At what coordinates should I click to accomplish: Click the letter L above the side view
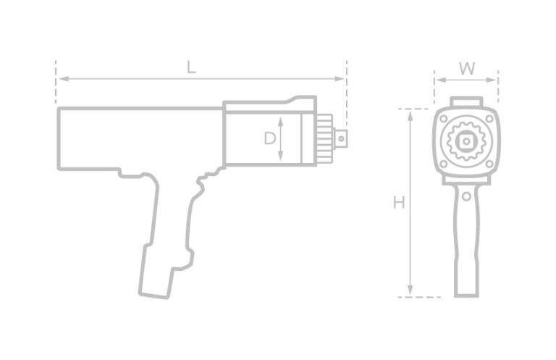coord(190,68)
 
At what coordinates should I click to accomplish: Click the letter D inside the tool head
coord(269,137)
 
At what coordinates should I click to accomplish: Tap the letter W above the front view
coord(467,69)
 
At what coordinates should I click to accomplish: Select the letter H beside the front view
coord(398,204)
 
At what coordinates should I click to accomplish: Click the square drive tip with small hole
coord(342,135)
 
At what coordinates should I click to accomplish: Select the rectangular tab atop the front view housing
coord(466,101)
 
